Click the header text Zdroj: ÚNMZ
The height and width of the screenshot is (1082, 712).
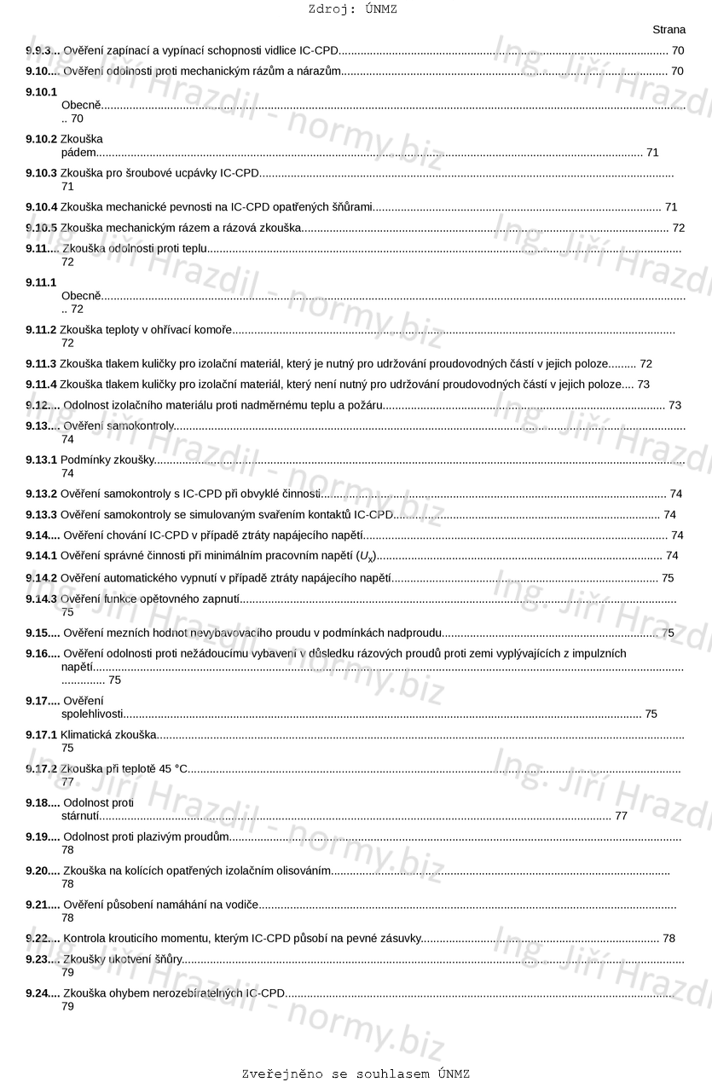tap(352, 9)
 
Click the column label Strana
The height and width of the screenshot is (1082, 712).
tap(669, 30)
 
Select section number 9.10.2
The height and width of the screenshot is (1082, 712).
tap(42, 139)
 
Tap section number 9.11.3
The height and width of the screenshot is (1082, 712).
tap(42, 364)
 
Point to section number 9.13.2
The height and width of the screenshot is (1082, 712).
tap(42, 494)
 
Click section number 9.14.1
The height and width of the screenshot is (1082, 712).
tap(42, 556)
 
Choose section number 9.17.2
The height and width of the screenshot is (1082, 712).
tap(42, 769)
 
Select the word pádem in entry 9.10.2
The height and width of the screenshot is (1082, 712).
tap(78, 153)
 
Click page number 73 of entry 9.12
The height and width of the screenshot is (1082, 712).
tap(674, 405)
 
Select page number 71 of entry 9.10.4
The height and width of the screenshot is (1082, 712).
tap(671, 207)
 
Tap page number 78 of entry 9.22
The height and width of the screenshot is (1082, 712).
tap(669, 939)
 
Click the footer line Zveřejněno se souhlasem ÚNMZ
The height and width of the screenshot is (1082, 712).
tap(356, 1073)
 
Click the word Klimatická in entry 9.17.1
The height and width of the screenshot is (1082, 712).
tap(85, 734)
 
